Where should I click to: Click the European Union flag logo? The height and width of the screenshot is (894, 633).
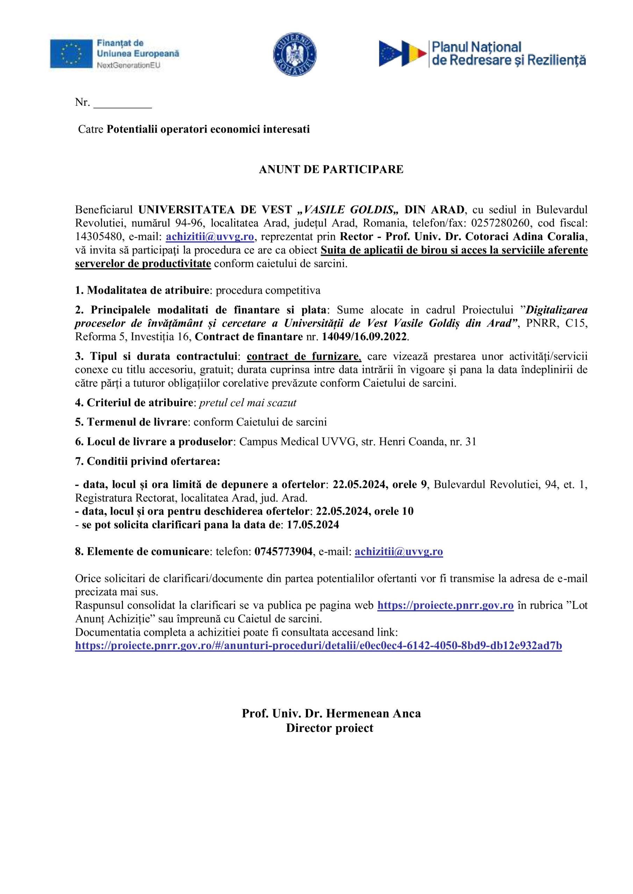pyautogui.click(x=71, y=54)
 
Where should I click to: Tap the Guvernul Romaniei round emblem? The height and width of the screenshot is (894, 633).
pyautogui.click(x=295, y=54)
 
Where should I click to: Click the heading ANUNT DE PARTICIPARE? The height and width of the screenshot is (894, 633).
pyautogui.click(x=331, y=170)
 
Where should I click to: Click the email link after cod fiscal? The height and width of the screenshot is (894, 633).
pyautogui.click(x=210, y=237)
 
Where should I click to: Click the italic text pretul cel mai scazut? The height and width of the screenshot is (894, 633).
pyautogui.click(x=247, y=403)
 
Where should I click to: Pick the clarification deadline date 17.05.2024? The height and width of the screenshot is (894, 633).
pyautogui.click(x=313, y=525)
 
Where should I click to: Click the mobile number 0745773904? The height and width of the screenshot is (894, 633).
pyautogui.click(x=283, y=552)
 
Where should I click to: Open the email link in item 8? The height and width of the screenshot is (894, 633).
pyautogui.click(x=398, y=552)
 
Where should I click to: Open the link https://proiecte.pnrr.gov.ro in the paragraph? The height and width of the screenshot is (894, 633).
pyautogui.click(x=446, y=606)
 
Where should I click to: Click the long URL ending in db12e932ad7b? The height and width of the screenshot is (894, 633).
pyautogui.click(x=318, y=646)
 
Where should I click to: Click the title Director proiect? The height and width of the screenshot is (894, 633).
pyautogui.click(x=330, y=728)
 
